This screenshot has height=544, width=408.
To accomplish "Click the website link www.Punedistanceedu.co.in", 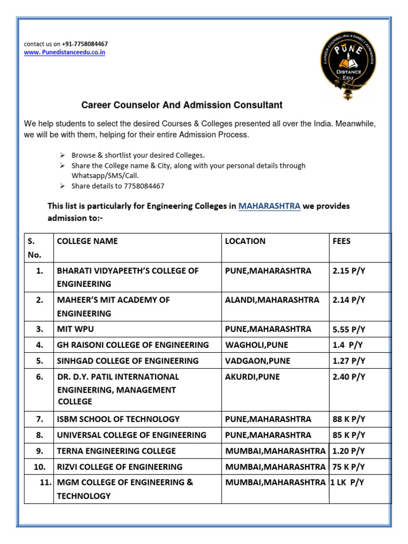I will coord(64,53).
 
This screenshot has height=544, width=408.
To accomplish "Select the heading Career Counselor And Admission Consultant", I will coord(181,105).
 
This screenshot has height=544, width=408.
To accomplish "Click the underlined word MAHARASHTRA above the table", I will coord(269,206).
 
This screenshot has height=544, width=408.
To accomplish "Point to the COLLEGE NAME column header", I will coord(87,241).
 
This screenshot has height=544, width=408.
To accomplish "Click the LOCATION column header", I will coord(245,241).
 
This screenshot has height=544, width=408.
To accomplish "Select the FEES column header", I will coord(342,241).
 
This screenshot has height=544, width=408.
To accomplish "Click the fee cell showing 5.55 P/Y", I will coord(348,329).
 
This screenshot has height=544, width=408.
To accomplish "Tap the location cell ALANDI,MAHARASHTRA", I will coord(272,300).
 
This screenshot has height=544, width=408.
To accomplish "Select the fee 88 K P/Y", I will coord(348,419).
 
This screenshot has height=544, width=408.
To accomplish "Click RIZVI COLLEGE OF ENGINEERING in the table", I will coord(120,467).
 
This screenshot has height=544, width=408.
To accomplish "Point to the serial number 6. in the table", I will coord(39,377).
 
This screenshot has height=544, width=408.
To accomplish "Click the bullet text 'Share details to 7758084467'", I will coord(118,186).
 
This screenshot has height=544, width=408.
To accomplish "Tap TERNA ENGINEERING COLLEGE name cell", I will coord(116,451).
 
